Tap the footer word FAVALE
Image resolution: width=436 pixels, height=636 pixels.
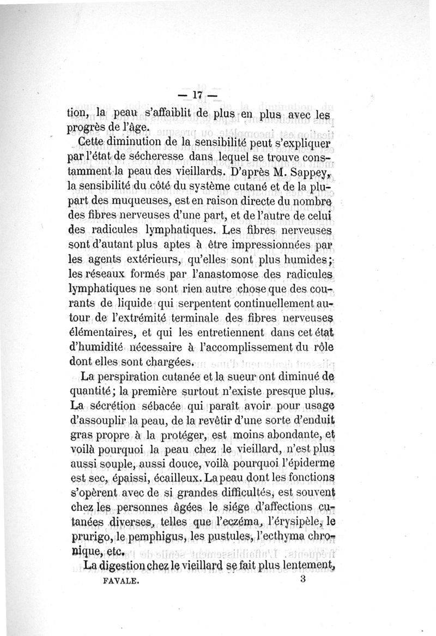pyautogui.click(x=121, y=582)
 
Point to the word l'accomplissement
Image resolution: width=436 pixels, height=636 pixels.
pyautogui.click(x=247, y=347)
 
